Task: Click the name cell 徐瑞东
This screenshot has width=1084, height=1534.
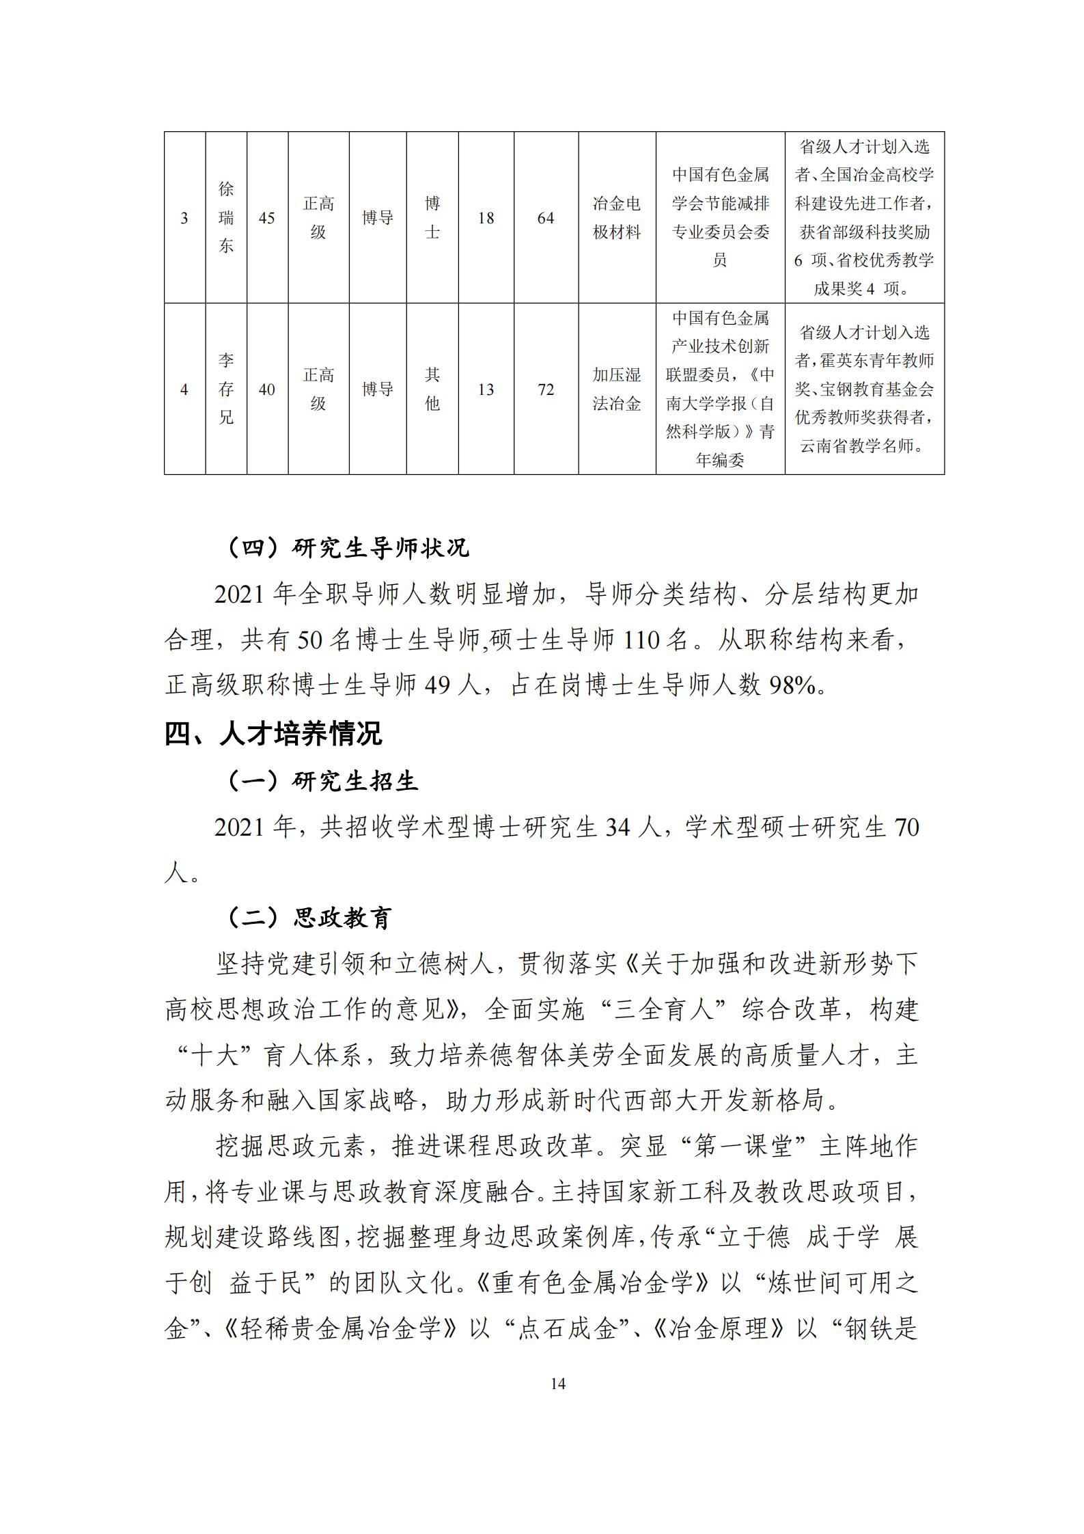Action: [x=226, y=218]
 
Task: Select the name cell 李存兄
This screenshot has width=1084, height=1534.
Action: [x=226, y=389]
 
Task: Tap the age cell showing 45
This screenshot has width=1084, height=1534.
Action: [x=267, y=218]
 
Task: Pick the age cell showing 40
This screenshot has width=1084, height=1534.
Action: [x=267, y=389]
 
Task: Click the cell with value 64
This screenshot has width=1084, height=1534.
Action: [x=546, y=218]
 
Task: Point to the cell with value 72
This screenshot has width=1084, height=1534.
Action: [x=546, y=389]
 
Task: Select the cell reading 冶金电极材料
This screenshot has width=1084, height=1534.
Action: [x=617, y=218]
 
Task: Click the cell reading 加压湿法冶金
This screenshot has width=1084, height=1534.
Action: [x=617, y=389]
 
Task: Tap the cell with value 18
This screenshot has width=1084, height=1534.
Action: [x=486, y=218]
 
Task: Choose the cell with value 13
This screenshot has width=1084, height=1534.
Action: [x=486, y=389]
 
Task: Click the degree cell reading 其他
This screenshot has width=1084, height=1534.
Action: [x=432, y=389]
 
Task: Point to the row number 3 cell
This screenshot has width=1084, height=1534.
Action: [x=184, y=218]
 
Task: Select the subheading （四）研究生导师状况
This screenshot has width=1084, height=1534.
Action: [x=348, y=548]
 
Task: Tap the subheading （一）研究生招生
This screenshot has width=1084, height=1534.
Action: [x=322, y=781]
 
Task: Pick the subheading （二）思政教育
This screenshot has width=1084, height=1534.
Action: [x=309, y=918]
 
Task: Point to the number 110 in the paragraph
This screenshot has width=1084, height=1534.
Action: [x=641, y=640]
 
